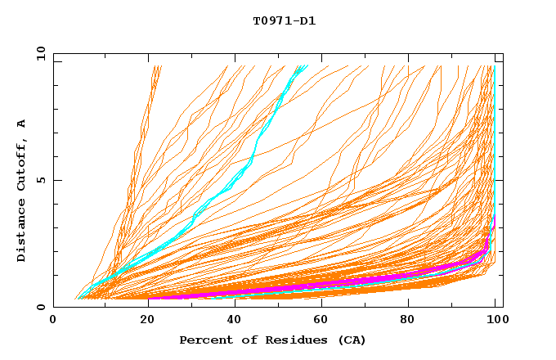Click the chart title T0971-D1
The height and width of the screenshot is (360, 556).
click(x=285, y=20)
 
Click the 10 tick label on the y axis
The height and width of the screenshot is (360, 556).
click(x=40, y=53)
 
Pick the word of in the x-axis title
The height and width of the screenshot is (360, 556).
click(x=242, y=340)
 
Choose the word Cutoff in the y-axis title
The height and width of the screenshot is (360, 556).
click(x=22, y=166)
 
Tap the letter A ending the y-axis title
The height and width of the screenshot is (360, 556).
click(x=22, y=124)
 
